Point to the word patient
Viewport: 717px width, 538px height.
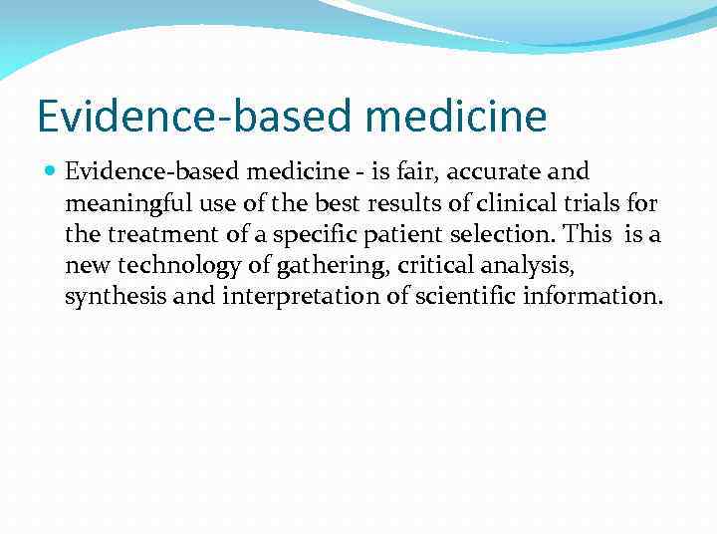click(374, 236)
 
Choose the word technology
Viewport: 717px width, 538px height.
click(160, 267)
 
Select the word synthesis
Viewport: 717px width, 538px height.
click(107, 298)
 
